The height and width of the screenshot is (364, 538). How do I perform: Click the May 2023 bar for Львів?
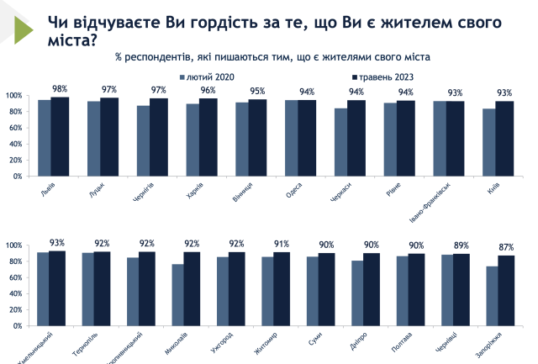[60, 137]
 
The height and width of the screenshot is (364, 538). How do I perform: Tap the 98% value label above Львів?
[60, 88]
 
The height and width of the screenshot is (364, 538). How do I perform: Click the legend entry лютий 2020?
[204, 77]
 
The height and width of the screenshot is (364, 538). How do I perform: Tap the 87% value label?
[504, 246]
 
